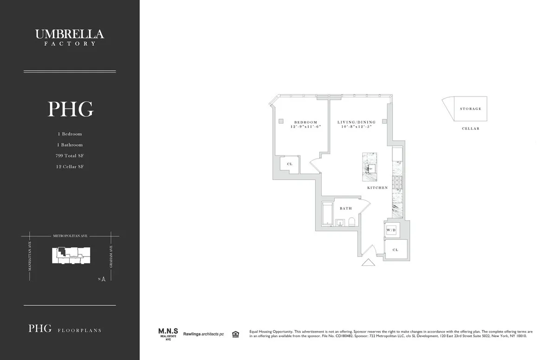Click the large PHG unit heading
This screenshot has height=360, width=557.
tap(70, 109)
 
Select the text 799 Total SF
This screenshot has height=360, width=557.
tap(70, 156)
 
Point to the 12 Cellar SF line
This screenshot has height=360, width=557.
tap(70, 167)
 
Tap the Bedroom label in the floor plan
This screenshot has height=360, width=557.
tap(305, 122)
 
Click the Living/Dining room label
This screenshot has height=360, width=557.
tap(356, 122)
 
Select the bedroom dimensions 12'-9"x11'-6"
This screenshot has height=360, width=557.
tap(305, 127)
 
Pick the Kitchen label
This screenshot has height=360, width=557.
tap(377, 187)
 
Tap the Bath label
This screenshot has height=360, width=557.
tap(345, 208)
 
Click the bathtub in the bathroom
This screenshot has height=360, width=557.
tap(327, 215)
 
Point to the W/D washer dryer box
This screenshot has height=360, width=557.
tap(391, 230)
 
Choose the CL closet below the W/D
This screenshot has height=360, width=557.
tap(395, 250)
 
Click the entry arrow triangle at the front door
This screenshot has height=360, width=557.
tap(368, 263)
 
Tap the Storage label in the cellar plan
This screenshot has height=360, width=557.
tap(470, 109)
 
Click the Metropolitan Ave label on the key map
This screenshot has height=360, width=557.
tap(70, 236)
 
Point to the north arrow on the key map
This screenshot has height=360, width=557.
tap(104, 279)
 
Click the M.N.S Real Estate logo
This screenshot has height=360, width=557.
tap(166, 334)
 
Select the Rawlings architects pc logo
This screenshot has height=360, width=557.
tap(203, 334)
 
